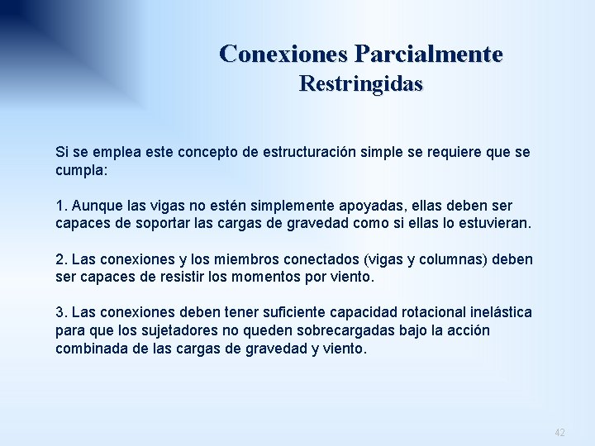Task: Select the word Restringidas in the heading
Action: pyautogui.click(x=360, y=84)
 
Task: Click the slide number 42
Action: pyautogui.click(x=560, y=432)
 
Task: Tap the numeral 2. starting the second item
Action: pyautogui.click(x=60, y=260)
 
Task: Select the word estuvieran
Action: pyautogui.click(x=493, y=224)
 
